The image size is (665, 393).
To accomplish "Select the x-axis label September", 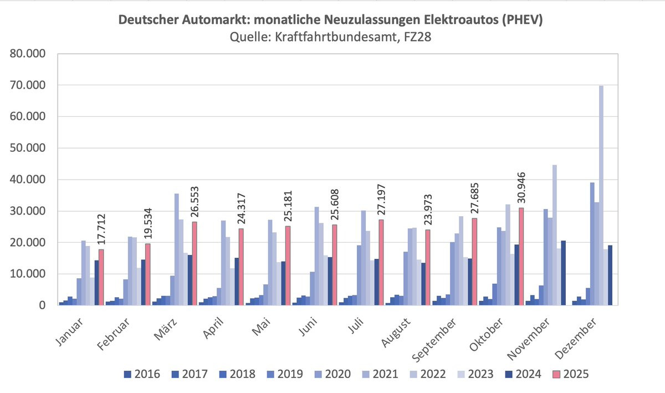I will point(441,338).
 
